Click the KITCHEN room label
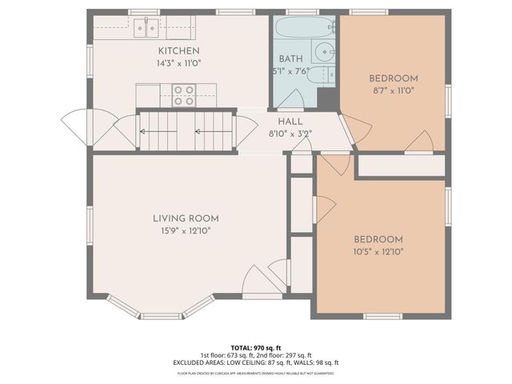point(178,51)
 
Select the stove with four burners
point(183,95)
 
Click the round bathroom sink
point(322,53)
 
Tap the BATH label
point(289,59)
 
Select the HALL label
point(290,121)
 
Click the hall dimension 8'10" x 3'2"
point(290,133)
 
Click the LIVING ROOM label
point(186,218)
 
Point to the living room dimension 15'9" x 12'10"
point(186,230)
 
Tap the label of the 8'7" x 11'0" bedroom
point(393,78)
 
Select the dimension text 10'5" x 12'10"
point(378,251)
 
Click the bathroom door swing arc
point(290,99)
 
